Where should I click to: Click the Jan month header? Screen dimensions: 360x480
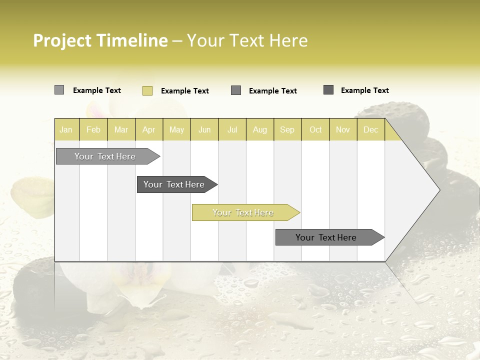pos(66,130)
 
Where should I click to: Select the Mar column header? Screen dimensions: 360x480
pos(121,130)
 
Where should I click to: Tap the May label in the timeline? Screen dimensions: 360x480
pos(176,130)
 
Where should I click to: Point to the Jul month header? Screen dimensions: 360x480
pos(232,130)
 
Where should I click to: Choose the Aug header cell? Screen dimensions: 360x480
pos(260,130)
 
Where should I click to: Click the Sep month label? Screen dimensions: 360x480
pos(287,130)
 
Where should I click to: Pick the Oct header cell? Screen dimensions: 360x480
pos(315,130)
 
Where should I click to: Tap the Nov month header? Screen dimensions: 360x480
pos(343,130)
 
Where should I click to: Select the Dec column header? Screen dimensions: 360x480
pos(370,130)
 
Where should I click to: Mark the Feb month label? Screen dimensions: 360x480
pos(93,130)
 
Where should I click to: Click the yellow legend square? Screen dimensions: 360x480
pos(147,90)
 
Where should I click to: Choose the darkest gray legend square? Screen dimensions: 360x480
pos(328,90)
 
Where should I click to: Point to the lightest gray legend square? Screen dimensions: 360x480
pos(59,90)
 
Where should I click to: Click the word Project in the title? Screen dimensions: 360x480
pos(62,41)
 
